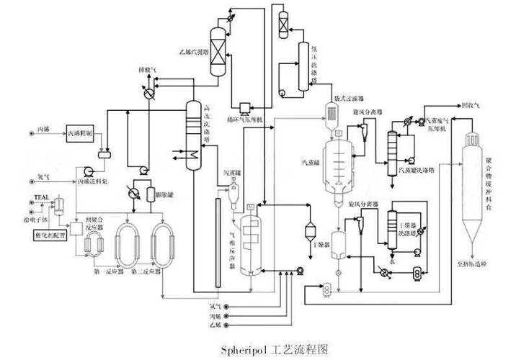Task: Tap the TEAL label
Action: click(x=40, y=197)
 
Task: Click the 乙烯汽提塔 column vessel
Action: click(x=215, y=50)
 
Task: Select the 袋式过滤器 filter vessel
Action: click(x=332, y=110)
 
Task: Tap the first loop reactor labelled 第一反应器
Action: click(x=127, y=245)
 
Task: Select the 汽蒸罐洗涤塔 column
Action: click(x=393, y=144)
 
